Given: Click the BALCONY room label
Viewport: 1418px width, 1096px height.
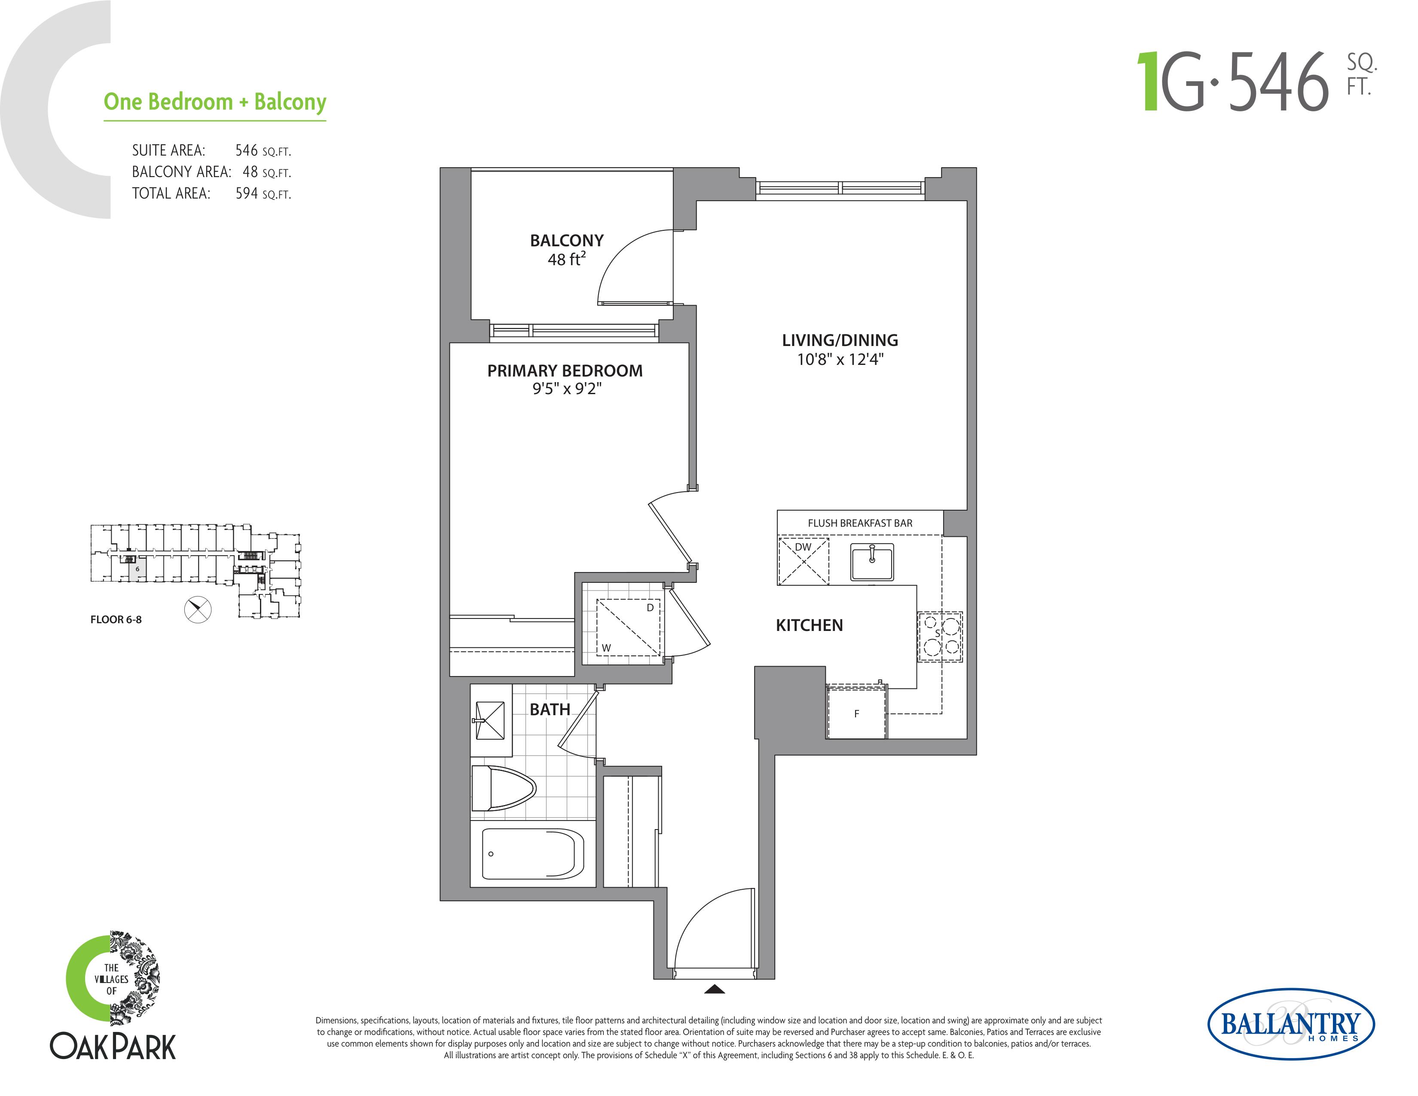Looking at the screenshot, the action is [566, 240].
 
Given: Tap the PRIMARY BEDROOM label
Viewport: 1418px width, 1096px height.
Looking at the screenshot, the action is [565, 371].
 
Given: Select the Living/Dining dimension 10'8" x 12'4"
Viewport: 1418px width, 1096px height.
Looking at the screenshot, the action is [840, 359].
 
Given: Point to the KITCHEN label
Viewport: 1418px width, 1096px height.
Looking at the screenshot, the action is [809, 625].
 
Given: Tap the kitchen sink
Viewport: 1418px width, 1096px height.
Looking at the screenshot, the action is [872, 562].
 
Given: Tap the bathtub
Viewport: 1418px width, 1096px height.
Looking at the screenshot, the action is [532, 854].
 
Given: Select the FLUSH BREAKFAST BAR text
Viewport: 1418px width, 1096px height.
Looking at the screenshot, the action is [860, 524].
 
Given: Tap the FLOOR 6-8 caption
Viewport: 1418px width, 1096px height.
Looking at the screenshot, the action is [116, 619].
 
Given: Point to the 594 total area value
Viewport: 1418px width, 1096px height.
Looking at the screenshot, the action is [247, 193].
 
